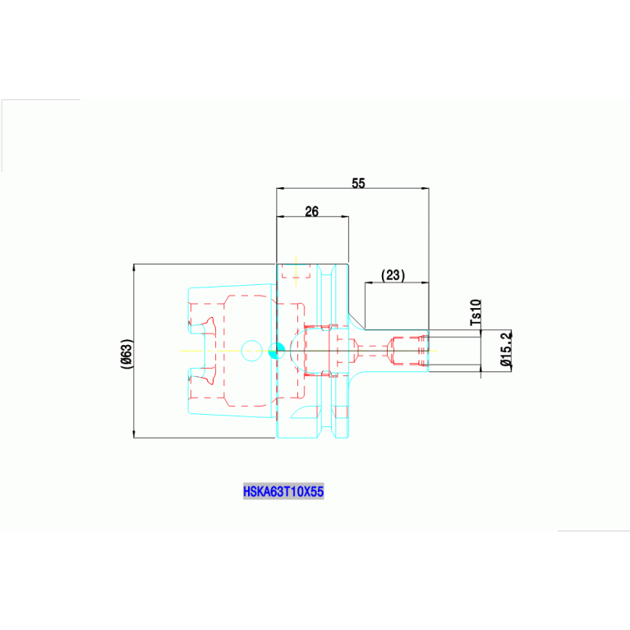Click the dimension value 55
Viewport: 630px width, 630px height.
358,182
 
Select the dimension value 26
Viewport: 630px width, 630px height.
311,211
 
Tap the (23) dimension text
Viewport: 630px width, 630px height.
393,276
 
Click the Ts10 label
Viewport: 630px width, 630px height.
476,313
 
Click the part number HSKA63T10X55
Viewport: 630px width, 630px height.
283,492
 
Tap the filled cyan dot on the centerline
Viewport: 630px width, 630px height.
277,351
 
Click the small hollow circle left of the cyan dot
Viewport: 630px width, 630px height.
251,351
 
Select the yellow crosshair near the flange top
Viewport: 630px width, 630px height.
296,270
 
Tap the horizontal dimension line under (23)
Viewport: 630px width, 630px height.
397,283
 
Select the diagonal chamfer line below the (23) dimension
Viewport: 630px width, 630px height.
356,320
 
